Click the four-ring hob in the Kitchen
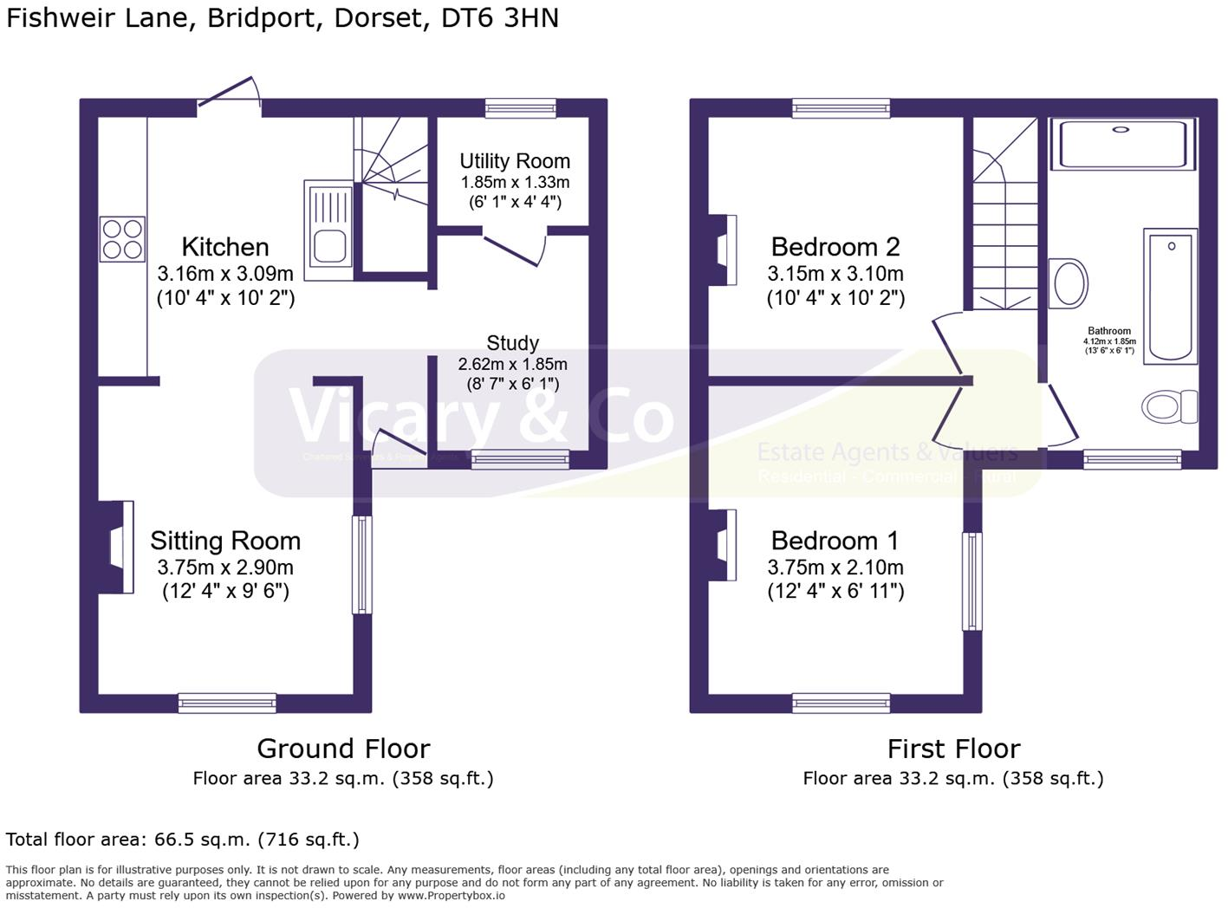pos(122,238)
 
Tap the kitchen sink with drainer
pos(328,230)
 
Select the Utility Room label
pos(515,161)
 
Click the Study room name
pos(512,343)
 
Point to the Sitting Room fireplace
pos(120,548)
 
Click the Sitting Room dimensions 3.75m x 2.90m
pos(225,568)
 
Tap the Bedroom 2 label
pos(835,247)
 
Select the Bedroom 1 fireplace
pos(724,544)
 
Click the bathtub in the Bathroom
pos(1170,296)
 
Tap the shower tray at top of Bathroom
pos(1122,144)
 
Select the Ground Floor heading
pos(343,749)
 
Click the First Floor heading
pos(953,749)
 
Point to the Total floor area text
pos(182,840)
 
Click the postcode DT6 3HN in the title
pos(500,18)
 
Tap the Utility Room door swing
pos(516,247)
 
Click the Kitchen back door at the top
pos(230,94)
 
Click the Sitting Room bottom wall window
pos(227,703)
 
